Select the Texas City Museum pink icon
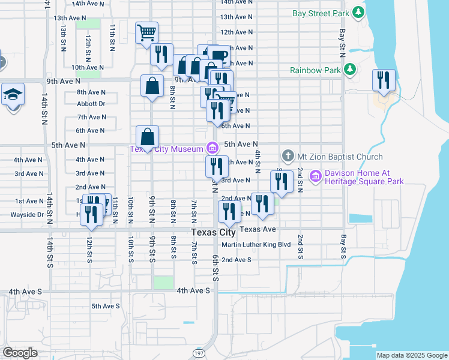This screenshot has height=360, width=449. point(211,148)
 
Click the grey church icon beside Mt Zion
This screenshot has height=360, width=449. point(288,157)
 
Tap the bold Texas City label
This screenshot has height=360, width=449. point(213,232)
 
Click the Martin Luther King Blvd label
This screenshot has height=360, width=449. point(256,245)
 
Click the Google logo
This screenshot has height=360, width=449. point(20,353)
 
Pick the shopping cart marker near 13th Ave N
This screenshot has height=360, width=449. point(146,33)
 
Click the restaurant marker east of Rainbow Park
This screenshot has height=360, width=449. point(384,80)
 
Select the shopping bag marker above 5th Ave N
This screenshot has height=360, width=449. point(147,137)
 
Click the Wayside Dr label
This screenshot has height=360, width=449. point(27,214)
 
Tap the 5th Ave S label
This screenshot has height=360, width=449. point(106,306)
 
